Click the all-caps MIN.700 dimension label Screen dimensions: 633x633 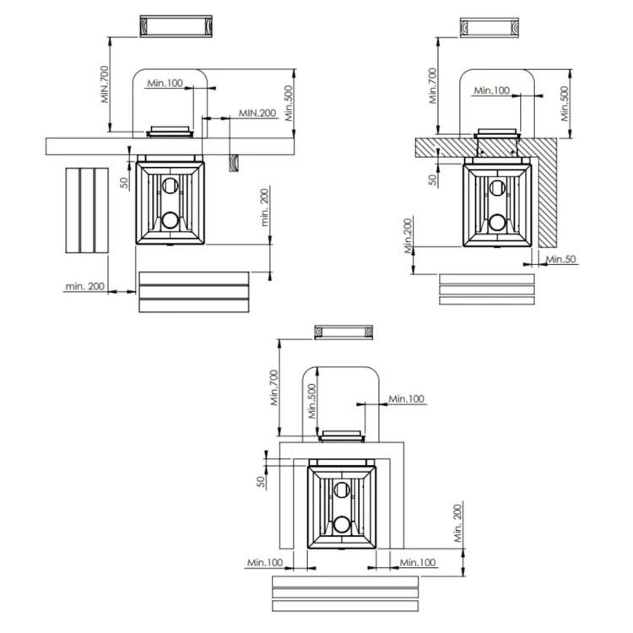[x=105, y=84]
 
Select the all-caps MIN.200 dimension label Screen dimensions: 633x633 [x=257, y=112]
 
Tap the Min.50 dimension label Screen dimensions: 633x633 [x=561, y=259]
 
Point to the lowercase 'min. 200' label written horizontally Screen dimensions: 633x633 [x=84, y=286]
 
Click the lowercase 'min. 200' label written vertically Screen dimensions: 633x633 [x=264, y=207]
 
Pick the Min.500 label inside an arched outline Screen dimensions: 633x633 [x=312, y=400]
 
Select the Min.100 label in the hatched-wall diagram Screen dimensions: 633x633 [x=492, y=90]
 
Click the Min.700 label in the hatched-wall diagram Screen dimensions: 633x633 [x=433, y=85]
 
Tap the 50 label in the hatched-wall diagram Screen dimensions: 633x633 [x=433, y=180]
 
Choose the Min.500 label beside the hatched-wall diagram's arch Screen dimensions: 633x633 [x=565, y=103]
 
